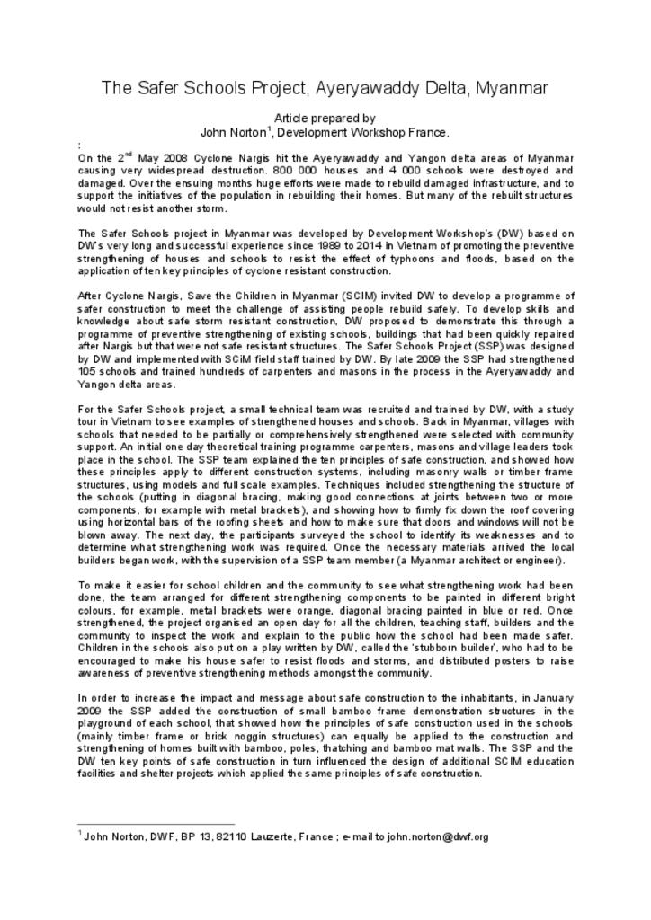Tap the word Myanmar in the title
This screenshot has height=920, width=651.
tap(512, 88)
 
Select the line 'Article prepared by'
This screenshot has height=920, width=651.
tap(325, 118)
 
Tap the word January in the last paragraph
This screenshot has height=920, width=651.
tap(544, 698)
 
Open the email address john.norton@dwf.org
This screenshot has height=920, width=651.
tap(438, 836)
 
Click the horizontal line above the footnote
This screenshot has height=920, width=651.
tap(156, 823)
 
